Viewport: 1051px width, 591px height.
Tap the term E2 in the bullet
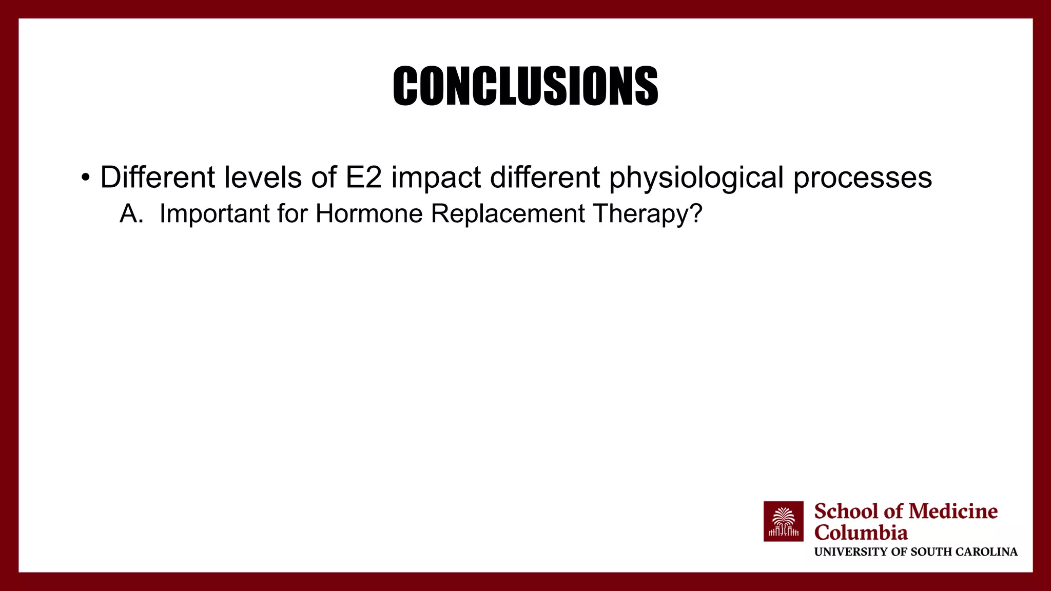click(363, 178)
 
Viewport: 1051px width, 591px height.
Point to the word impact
click(436, 179)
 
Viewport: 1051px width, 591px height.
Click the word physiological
click(696, 179)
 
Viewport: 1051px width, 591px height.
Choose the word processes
click(862, 179)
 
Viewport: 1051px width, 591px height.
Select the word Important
click(214, 213)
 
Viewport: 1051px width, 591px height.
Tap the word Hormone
click(369, 213)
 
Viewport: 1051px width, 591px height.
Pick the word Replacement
click(508, 213)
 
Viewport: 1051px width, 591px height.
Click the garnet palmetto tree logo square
click(783, 521)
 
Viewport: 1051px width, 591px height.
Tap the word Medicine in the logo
click(953, 511)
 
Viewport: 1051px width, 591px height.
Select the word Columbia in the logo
click(861, 533)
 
